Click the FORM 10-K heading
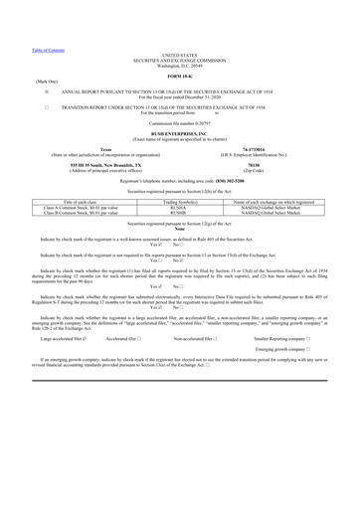[x=179, y=76]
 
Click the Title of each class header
[x=78, y=202]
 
